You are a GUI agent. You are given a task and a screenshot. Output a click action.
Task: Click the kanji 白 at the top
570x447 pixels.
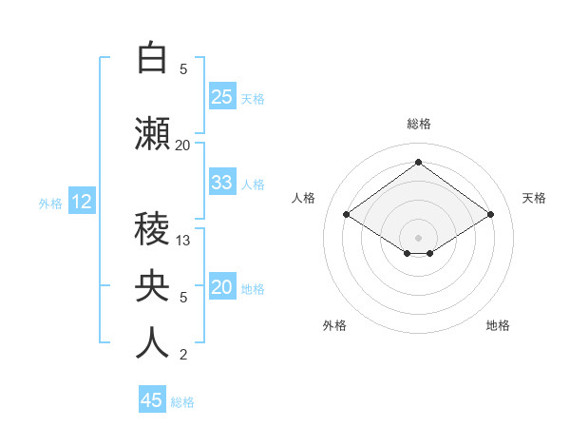click(152, 58)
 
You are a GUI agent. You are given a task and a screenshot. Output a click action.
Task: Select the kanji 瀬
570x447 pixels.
click(152, 134)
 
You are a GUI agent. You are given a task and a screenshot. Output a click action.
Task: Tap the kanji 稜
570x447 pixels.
click(152, 229)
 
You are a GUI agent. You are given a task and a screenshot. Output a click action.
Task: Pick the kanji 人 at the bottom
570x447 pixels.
click(152, 343)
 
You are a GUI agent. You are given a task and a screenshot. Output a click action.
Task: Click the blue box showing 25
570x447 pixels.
click(222, 97)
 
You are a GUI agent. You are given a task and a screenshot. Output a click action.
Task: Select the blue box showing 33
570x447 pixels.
click(222, 183)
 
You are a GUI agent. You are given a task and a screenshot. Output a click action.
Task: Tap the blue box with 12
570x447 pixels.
click(81, 202)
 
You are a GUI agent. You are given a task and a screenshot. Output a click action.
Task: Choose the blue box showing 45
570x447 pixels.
click(152, 400)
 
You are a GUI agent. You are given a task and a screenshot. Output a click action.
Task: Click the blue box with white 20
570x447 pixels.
click(222, 287)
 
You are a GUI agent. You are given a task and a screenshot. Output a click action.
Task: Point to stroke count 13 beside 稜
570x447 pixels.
click(184, 241)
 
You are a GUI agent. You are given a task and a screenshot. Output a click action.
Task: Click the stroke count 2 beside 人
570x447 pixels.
click(183, 355)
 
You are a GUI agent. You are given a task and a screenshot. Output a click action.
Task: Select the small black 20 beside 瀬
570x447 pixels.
click(182, 146)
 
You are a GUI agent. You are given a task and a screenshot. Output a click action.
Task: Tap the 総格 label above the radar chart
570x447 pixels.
click(418, 124)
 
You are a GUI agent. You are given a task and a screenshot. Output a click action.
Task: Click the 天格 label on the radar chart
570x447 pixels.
click(534, 198)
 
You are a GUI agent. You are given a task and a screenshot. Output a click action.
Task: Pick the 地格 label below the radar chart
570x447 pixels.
click(498, 325)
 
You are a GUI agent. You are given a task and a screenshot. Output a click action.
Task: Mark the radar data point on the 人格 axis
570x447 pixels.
click(347, 215)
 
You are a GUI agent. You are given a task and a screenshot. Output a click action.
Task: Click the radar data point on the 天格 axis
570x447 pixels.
click(490, 215)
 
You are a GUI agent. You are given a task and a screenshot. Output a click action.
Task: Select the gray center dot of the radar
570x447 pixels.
click(418, 236)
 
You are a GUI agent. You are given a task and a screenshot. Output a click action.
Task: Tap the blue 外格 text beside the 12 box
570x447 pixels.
click(49, 203)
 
